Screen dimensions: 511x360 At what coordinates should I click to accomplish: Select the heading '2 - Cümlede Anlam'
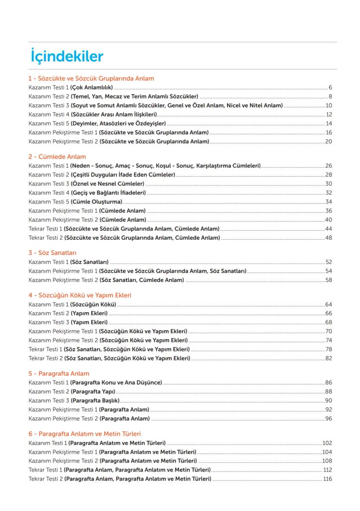click(57, 157)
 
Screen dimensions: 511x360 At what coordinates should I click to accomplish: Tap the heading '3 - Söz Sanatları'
click(52, 253)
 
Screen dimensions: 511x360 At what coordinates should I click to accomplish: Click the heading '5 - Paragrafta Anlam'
click(59, 374)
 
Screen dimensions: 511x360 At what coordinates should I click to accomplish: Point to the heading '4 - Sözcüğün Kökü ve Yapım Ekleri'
click(80, 295)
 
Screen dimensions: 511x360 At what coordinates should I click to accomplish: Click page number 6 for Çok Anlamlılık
click(330, 87)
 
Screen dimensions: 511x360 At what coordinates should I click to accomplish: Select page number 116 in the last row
click(327, 479)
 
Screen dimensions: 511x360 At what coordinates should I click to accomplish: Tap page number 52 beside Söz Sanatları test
click(329, 262)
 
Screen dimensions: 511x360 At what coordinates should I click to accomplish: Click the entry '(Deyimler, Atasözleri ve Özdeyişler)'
click(118, 124)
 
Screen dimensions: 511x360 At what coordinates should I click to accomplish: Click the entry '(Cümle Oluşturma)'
click(97, 202)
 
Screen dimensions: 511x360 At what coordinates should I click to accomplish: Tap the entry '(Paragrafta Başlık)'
click(95, 401)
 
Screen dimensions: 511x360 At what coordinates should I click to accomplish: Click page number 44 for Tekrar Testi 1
click(329, 229)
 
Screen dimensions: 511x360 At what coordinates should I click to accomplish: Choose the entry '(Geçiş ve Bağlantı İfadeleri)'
click(108, 193)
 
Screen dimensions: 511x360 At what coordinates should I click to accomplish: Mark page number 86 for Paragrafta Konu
click(329, 383)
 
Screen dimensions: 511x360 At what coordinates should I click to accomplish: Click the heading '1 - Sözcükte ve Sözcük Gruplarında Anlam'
click(91, 79)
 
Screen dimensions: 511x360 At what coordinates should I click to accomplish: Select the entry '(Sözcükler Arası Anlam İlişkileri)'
click(114, 114)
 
